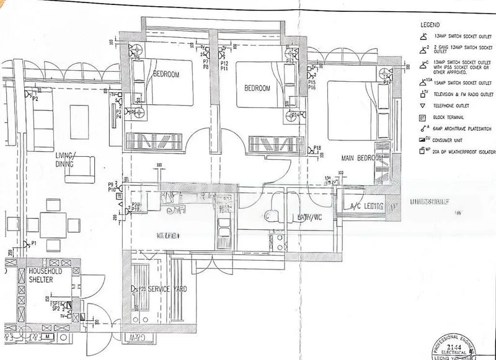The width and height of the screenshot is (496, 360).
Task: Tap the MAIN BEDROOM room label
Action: point(363,159)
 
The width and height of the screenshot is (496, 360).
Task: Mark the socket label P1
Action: point(35,244)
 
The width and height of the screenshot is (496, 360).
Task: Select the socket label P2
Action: point(35,99)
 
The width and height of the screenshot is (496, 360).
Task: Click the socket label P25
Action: point(142,289)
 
